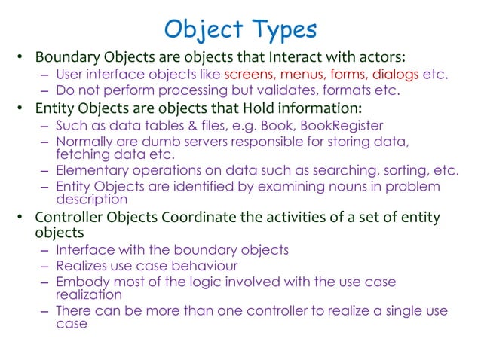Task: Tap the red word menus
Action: pos(305,75)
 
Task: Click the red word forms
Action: pos(349,75)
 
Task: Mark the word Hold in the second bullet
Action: pos(246,107)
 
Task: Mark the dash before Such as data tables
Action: pos(45,125)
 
